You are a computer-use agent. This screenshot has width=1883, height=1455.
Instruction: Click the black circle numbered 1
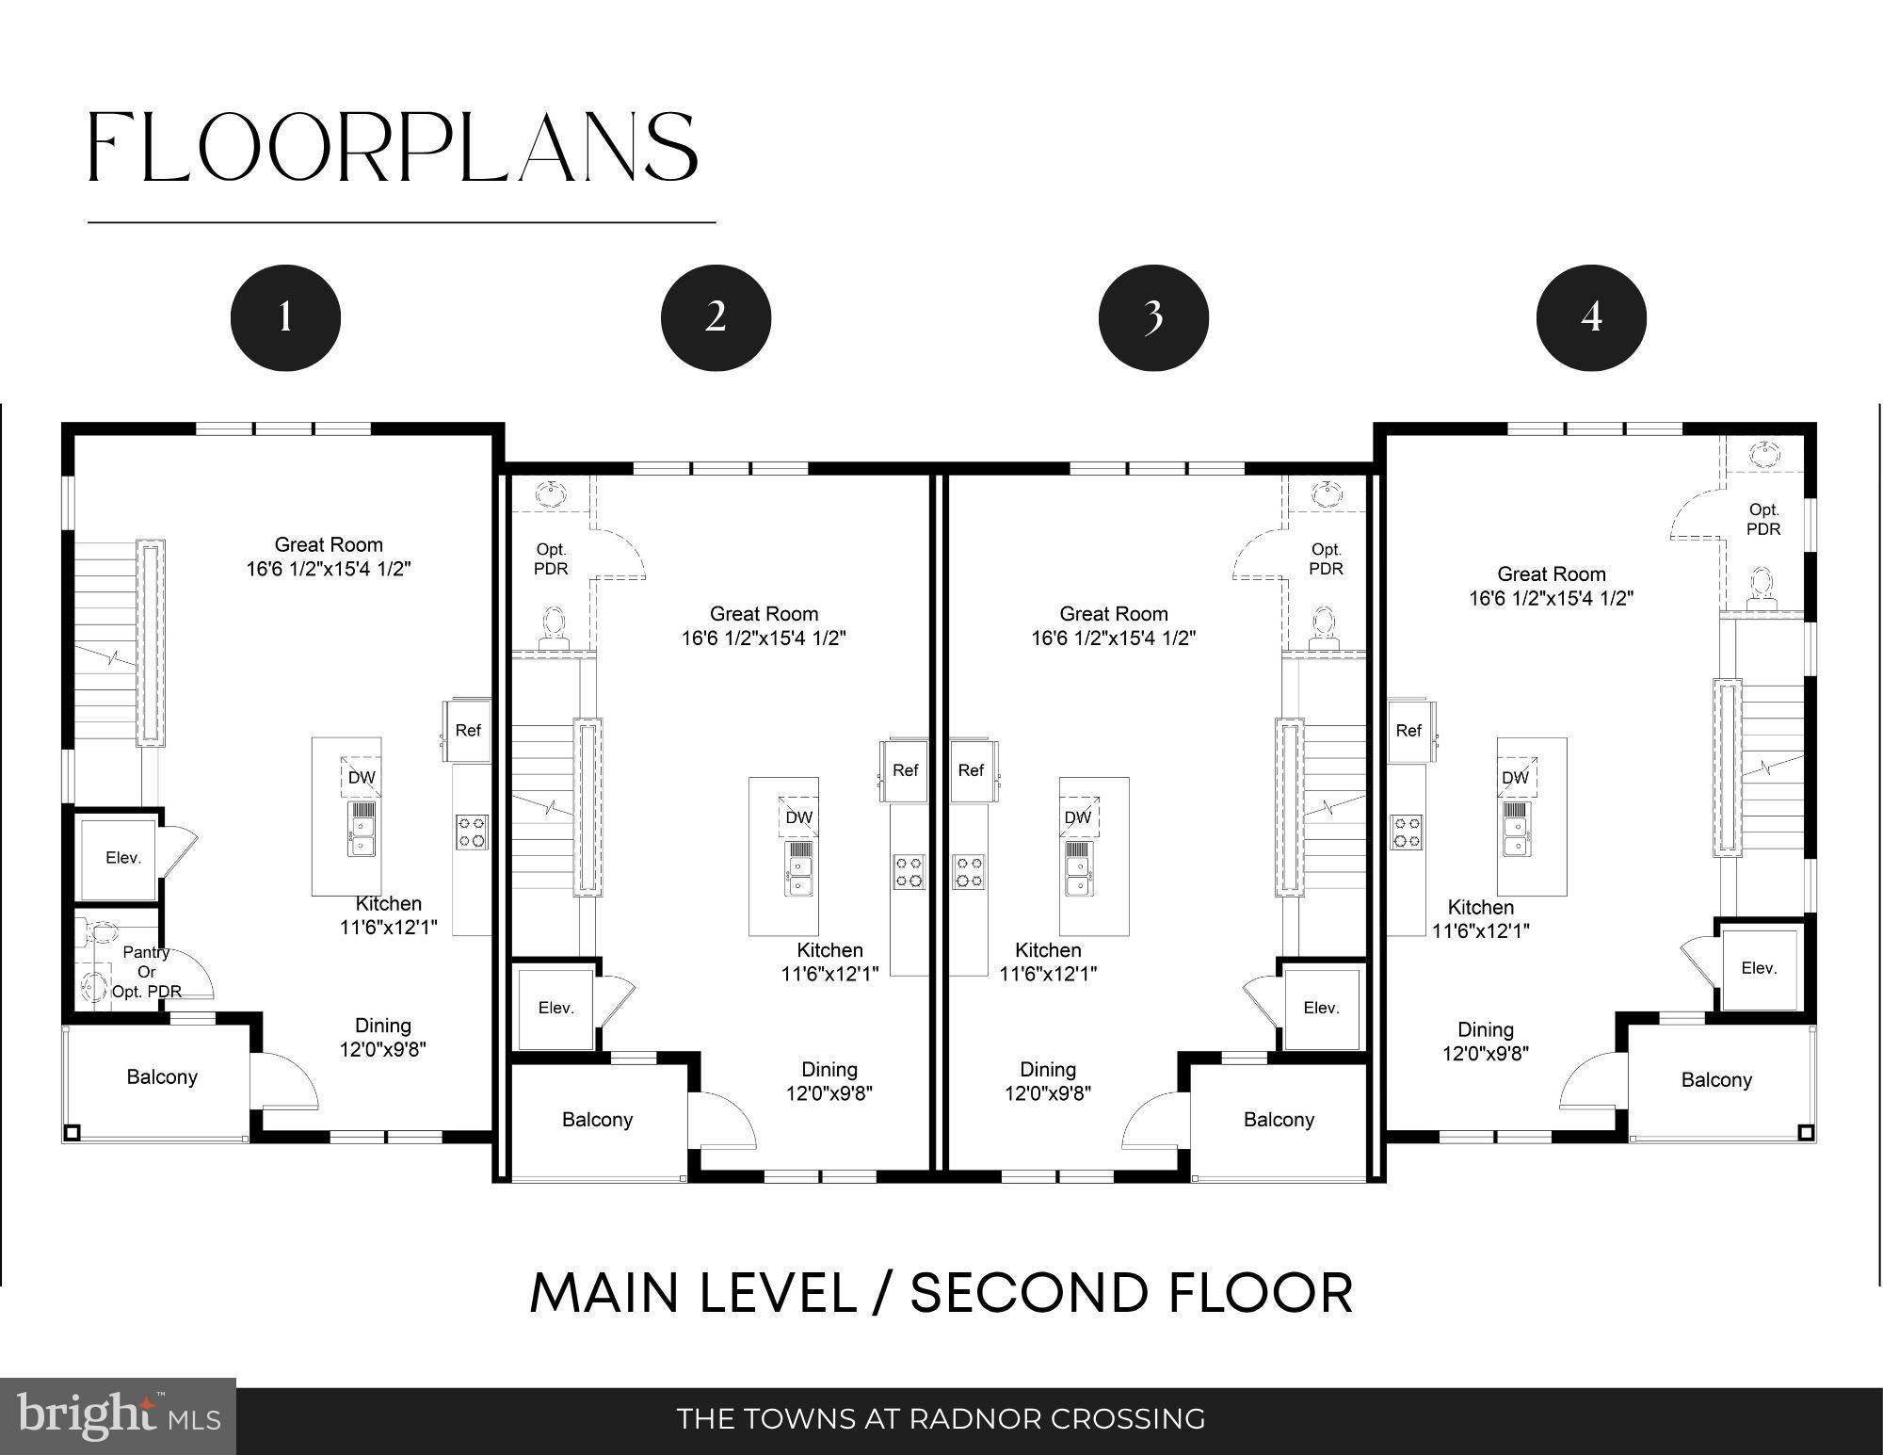[285, 317]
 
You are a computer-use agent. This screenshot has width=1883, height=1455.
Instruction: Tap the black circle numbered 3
[1153, 317]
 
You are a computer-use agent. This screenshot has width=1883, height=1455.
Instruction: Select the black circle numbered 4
[1591, 317]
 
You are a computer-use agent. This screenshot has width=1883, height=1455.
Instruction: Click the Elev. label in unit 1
[123, 858]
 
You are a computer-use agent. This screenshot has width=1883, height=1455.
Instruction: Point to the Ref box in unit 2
[905, 770]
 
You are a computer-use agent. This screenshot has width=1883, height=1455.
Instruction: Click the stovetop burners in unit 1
[473, 833]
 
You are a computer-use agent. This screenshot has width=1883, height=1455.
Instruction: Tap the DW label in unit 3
[1078, 817]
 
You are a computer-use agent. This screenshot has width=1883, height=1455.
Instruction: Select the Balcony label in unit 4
[1716, 1080]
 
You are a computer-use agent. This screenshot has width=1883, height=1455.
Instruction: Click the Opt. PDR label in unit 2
[551, 558]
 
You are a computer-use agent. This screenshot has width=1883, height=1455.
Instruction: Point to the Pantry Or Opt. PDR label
[146, 972]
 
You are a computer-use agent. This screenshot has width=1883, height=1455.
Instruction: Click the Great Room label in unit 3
[1114, 614]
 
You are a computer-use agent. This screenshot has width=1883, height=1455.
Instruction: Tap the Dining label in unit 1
[383, 1026]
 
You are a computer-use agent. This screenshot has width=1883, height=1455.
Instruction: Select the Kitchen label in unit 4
[1481, 907]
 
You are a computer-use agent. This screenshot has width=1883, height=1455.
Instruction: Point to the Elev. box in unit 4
[1759, 968]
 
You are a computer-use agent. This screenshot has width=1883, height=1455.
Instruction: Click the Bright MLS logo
[119, 1416]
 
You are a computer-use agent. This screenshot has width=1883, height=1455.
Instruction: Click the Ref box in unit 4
[1409, 731]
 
